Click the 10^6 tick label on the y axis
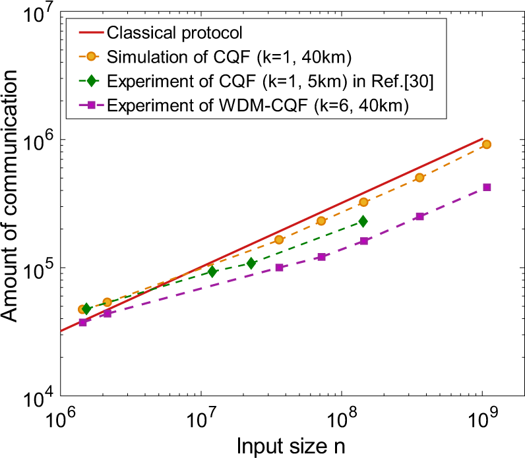coord(37,142)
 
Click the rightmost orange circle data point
coord(487,144)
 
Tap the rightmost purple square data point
coord(487,187)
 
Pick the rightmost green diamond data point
coord(363,221)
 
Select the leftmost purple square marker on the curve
coord(82,322)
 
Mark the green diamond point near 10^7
coord(212,272)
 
